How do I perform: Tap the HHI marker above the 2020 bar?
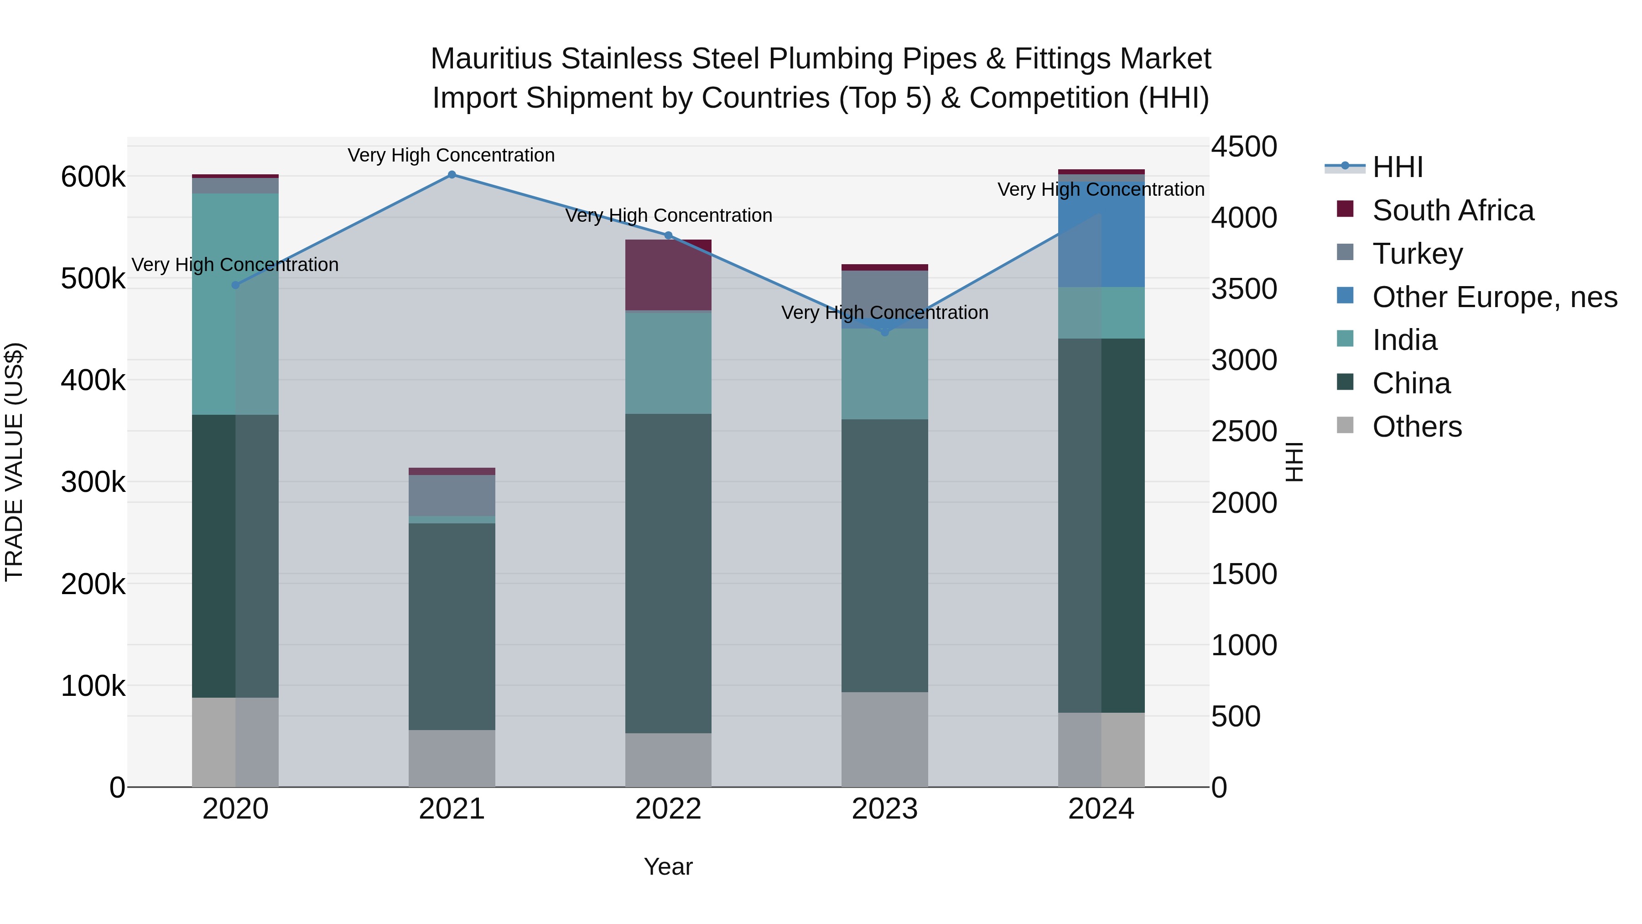coord(235,285)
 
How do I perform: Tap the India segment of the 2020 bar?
coord(235,304)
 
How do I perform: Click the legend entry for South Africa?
coord(1453,210)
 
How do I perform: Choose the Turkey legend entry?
coord(1417,254)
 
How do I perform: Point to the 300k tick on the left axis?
coord(93,482)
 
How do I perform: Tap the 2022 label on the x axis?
coord(668,809)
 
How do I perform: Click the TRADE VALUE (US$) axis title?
coord(15,462)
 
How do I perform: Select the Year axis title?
coord(668,867)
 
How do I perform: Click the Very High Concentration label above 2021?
coord(451,155)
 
